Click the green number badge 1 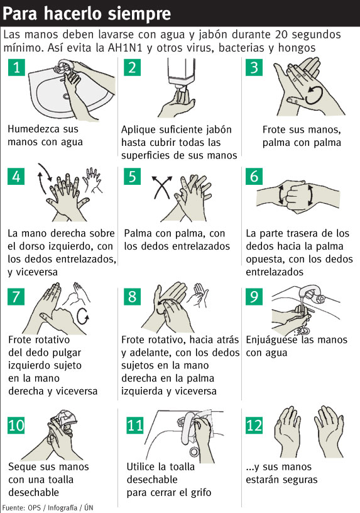point(16,67)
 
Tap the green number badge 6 point(254,176)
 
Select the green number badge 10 point(16,426)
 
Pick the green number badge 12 point(254,426)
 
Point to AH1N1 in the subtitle point(125,48)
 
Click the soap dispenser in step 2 point(181,73)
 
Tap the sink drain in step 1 point(67,96)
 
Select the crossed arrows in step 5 point(162,187)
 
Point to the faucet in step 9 point(310,294)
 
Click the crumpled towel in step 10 point(65,418)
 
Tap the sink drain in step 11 point(194,452)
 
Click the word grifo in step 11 point(199,492)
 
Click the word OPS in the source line point(35,508)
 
